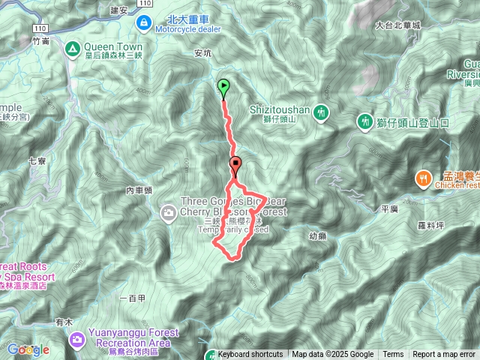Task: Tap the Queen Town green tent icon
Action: click(73, 49)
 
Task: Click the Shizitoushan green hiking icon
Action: click(322, 111)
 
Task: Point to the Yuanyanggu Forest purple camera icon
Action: click(76, 341)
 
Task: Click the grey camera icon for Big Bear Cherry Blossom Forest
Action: click(170, 214)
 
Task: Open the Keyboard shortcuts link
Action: click(250, 355)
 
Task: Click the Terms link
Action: click(393, 355)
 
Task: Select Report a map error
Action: click(444, 355)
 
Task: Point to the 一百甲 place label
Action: click(132, 298)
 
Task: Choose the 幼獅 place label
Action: click(317, 235)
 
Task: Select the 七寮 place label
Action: click(37, 160)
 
